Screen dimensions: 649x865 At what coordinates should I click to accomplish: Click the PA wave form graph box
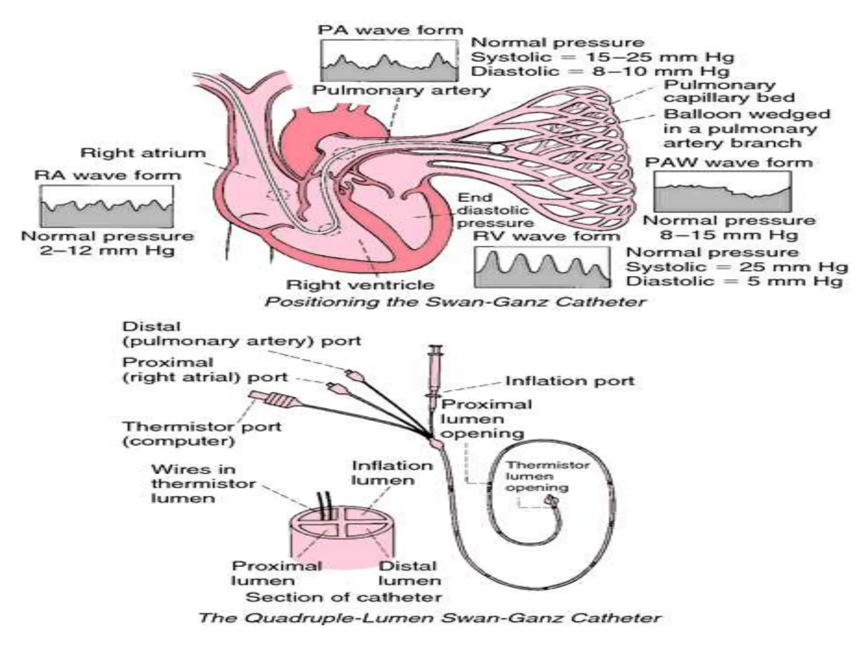(389, 60)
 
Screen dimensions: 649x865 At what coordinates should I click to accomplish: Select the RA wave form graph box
(106, 207)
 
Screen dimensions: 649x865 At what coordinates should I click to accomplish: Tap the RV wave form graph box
(542, 267)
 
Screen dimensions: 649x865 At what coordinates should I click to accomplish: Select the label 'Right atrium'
(143, 153)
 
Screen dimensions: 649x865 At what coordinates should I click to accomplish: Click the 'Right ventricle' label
(360, 284)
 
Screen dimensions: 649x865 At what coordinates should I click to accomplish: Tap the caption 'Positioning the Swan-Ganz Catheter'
(455, 302)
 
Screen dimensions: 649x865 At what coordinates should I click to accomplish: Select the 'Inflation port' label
(570, 381)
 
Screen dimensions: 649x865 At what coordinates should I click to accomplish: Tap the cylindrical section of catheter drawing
(342, 537)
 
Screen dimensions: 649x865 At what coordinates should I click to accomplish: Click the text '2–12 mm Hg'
(107, 251)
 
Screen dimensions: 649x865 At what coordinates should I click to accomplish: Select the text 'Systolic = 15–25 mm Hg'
(602, 57)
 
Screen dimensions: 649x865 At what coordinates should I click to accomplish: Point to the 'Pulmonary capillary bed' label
(729, 91)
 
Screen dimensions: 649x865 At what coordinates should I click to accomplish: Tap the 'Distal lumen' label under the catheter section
(409, 573)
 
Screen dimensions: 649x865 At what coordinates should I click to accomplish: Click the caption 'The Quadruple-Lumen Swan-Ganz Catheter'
(430, 618)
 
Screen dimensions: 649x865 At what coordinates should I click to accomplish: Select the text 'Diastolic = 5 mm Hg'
(734, 281)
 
